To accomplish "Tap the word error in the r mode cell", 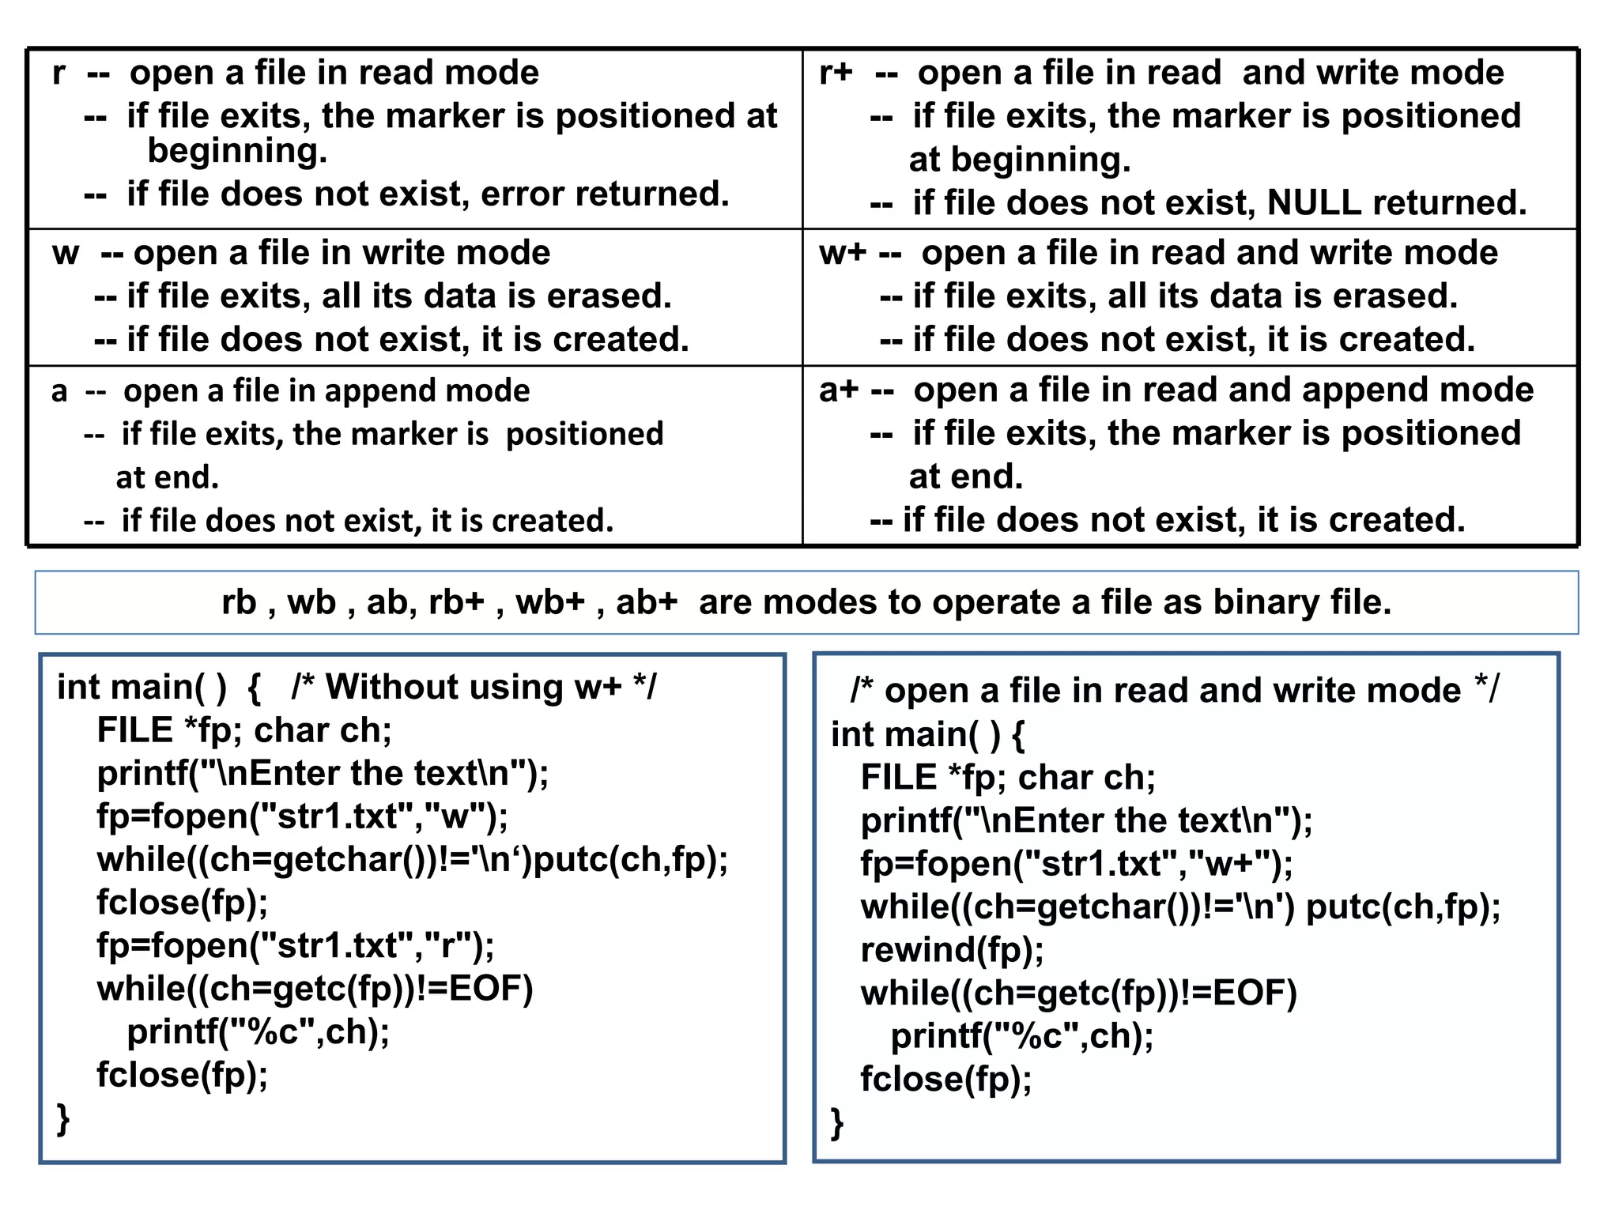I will coord(523,194).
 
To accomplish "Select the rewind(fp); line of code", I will coord(952,949).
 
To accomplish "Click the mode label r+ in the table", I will coord(836,73).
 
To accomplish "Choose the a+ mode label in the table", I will coord(838,390).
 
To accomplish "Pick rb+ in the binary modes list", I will coord(456,602).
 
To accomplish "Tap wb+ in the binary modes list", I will coord(550,602).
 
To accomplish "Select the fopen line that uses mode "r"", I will coord(296,945).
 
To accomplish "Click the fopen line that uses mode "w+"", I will coord(1077,863).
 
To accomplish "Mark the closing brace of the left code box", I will coord(64,1119).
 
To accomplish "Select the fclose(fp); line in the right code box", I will coord(946,1079).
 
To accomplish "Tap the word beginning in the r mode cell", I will coord(236,151).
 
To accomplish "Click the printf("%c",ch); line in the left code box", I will coord(259,1031).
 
